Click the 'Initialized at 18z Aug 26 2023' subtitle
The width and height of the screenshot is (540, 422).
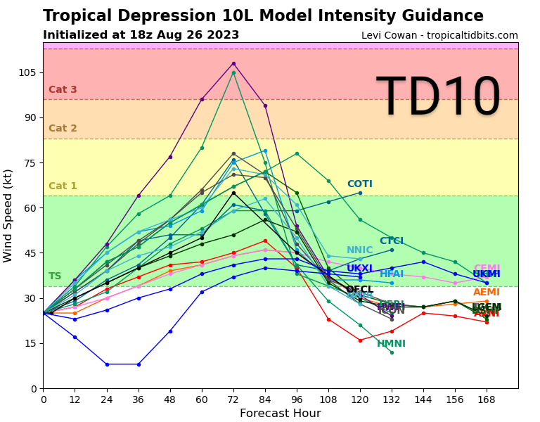coord(141,35)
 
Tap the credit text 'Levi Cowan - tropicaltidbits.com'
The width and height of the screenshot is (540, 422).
coord(439,36)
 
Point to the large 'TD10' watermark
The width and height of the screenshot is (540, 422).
coord(438,98)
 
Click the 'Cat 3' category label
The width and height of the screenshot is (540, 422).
coord(63,90)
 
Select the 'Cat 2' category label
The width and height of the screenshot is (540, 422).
coord(63,129)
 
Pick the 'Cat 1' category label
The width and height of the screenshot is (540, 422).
coord(63,186)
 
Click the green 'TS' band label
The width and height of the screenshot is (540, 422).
coord(55,276)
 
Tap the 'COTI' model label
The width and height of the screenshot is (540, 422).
coord(359,184)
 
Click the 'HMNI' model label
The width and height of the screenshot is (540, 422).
coord(391,344)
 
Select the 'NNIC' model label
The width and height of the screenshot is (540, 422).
coord(359,250)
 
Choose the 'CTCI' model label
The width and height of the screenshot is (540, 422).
coord(392,241)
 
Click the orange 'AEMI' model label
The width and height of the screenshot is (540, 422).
coord(486,293)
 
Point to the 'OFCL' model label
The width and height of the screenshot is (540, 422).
coord(359,290)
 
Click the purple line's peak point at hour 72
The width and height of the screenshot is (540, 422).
coord(233,63)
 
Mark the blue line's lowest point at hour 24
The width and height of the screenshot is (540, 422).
coord(107,364)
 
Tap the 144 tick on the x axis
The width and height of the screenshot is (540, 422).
coord(423,399)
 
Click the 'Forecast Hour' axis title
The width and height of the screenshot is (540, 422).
coord(280,414)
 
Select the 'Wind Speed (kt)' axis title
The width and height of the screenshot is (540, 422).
coord(8,215)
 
